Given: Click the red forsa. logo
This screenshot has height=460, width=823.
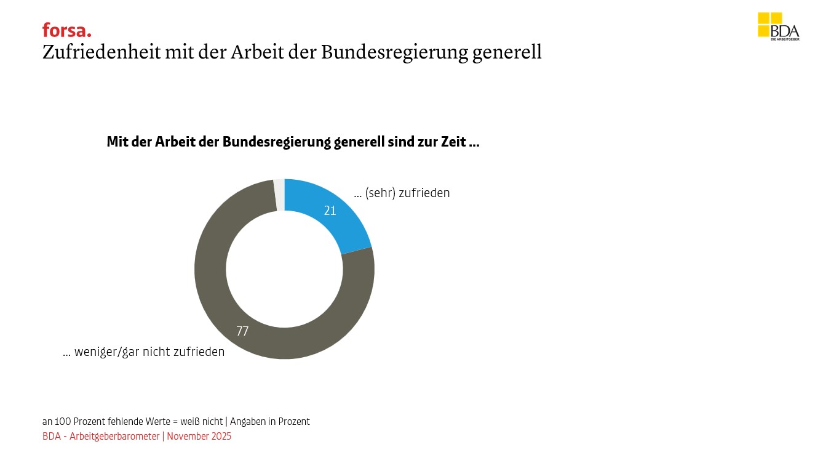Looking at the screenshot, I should click(x=66, y=30).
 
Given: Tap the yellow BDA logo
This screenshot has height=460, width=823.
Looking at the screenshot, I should click(x=777, y=26).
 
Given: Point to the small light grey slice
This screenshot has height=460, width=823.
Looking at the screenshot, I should click(x=279, y=195).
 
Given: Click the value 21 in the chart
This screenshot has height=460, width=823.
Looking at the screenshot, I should click(x=330, y=211).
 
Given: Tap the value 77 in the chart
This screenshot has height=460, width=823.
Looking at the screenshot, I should click(x=242, y=331).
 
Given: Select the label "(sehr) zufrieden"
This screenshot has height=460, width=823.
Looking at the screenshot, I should click(x=407, y=193).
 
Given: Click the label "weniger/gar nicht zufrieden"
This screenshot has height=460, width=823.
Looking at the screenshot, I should click(x=149, y=352).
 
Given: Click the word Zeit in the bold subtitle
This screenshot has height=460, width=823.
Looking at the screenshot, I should click(x=452, y=142).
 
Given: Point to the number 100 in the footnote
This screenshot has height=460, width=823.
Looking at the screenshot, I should click(x=62, y=422).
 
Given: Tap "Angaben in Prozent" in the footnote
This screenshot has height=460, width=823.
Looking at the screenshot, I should click(x=270, y=422).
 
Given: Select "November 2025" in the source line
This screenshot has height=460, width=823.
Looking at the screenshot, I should click(x=199, y=437).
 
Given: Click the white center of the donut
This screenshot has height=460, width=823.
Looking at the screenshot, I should click(x=284, y=269).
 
